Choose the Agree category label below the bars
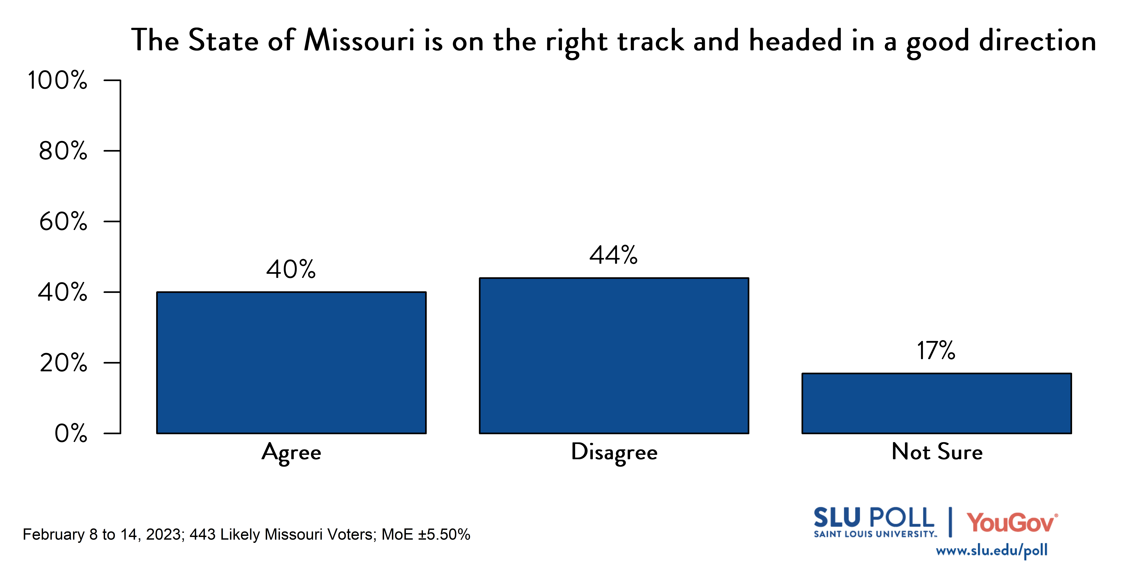click(x=291, y=453)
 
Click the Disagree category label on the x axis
click(x=614, y=453)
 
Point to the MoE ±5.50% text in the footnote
click(x=425, y=535)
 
